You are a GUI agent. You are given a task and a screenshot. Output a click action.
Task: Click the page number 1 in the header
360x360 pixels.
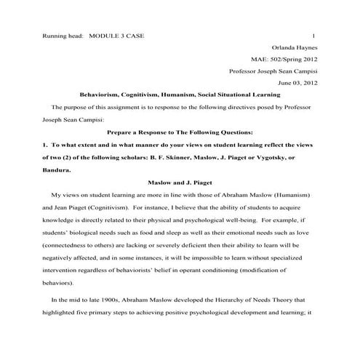click(x=312, y=36)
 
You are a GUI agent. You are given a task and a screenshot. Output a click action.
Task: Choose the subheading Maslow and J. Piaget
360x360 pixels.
click(x=180, y=185)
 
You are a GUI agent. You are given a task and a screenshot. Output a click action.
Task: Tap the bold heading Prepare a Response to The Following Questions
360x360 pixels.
click(x=180, y=132)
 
